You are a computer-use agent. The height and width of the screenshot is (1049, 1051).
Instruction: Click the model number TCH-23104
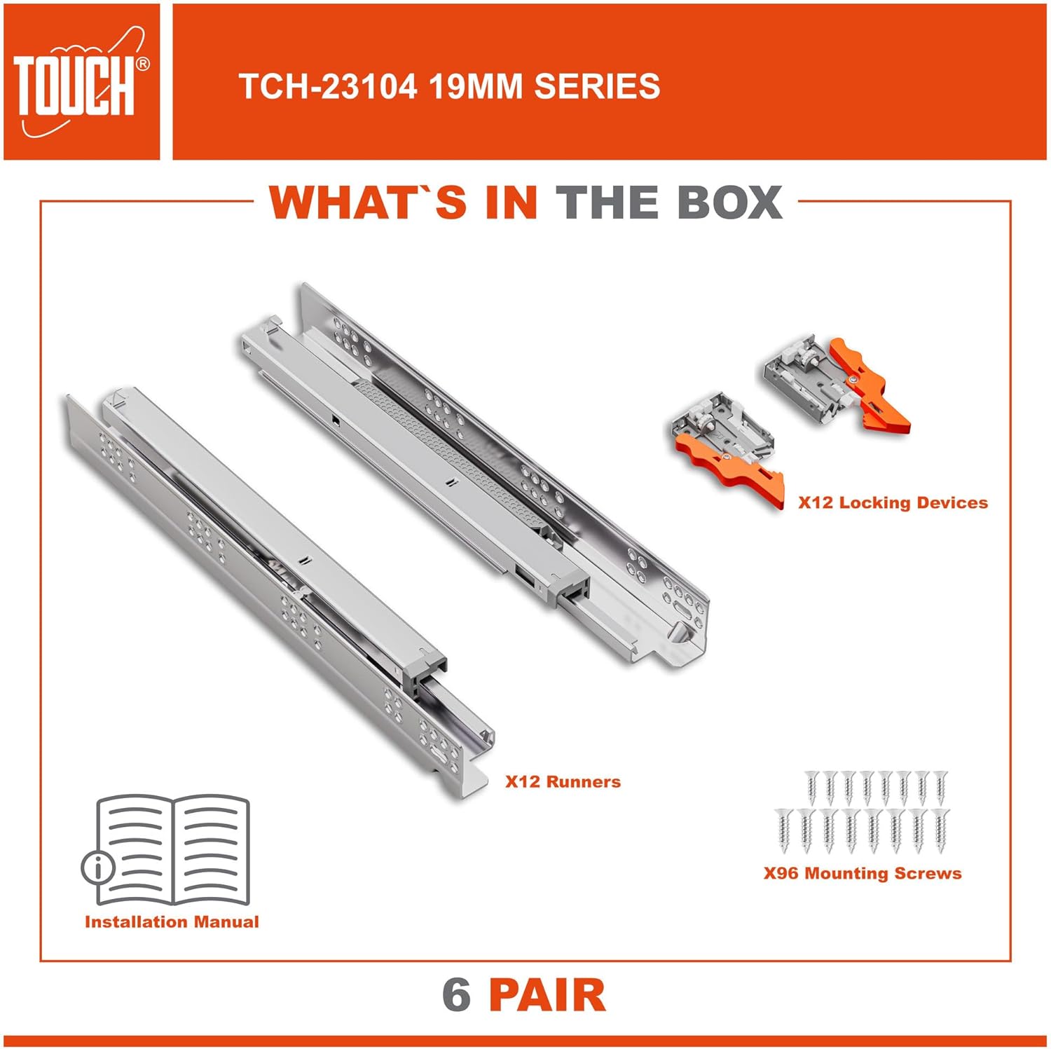[x=328, y=86]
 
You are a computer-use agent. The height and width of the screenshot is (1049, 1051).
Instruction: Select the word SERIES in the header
[x=597, y=86]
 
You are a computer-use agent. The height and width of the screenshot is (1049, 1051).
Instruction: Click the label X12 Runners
[x=563, y=781]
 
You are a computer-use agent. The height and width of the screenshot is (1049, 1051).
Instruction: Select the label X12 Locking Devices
[x=893, y=502]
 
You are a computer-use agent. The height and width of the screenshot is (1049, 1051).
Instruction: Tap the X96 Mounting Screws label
[x=863, y=873]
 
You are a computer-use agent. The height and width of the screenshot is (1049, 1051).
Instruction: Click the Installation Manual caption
[x=172, y=921]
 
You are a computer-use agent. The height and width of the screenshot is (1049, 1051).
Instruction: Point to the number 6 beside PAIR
[x=457, y=994]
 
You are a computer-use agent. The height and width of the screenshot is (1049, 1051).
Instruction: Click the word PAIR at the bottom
[x=547, y=994]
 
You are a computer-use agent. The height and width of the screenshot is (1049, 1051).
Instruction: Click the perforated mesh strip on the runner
[x=448, y=448]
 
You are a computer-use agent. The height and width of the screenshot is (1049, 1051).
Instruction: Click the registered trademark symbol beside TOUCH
[x=142, y=64]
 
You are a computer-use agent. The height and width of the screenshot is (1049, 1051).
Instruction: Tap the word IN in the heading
[x=510, y=203]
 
